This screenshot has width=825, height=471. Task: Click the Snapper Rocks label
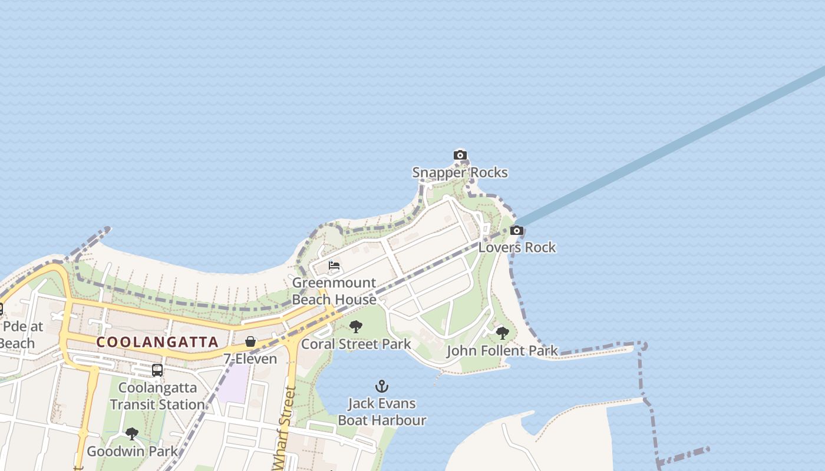pos(460,173)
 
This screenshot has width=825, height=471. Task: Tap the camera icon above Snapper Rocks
pos(460,155)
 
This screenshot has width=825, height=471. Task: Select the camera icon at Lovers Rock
pos(517,230)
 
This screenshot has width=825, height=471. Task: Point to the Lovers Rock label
pos(517,247)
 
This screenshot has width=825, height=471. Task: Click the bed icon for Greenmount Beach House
pos(334,266)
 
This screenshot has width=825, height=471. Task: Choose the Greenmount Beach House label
pos(334,291)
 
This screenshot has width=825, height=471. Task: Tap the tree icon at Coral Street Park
pos(355,327)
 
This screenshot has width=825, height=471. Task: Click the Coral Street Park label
pos(356,344)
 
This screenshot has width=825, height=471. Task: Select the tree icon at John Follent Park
pos(502,333)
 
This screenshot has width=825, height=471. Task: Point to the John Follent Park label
pos(502,351)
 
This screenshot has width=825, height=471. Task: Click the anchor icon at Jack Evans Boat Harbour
pos(382,387)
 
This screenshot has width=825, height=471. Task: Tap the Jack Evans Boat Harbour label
pos(382,412)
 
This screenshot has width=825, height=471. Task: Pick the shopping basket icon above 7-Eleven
pos(250,341)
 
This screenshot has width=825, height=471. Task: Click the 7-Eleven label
pos(250,359)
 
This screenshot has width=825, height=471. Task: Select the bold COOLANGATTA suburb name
pos(157,342)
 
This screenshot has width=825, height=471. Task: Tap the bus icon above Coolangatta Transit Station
pos(157,370)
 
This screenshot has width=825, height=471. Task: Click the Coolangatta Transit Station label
pos(157,396)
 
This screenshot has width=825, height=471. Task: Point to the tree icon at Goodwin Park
pos(132,434)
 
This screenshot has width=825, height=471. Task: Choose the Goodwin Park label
pos(132,452)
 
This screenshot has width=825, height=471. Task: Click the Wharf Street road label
pos(285,424)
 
